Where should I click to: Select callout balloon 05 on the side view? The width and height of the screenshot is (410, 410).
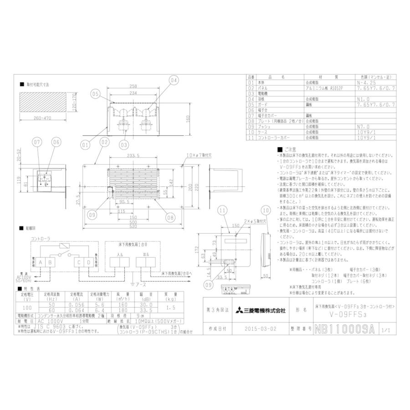point(95,94)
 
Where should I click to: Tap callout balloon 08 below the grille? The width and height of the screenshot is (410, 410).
point(170,218)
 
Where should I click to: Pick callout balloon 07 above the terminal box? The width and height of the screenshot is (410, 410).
point(37,142)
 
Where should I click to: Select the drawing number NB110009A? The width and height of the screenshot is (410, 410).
point(344,328)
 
